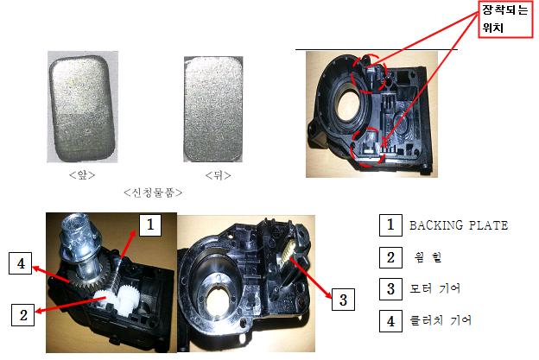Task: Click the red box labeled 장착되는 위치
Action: tap(505, 19)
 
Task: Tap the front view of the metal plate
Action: tap(82, 108)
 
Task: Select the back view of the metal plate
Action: tap(213, 109)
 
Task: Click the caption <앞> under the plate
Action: tap(82, 175)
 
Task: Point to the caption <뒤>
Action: tap(218, 175)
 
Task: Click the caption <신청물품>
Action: tap(153, 193)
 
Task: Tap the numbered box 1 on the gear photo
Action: tap(150, 225)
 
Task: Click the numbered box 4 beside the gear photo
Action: tap(21, 263)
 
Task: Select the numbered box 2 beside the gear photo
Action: tap(23, 314)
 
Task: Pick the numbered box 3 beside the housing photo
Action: tap(343, 300)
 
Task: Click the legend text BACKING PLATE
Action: tap(459, 225)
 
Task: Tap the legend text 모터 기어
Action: tap(434, 288)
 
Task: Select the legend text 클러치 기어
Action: tap(441, 320)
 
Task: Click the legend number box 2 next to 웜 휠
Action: tap(390, 257)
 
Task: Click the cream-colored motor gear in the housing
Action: tap(288, 252)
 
